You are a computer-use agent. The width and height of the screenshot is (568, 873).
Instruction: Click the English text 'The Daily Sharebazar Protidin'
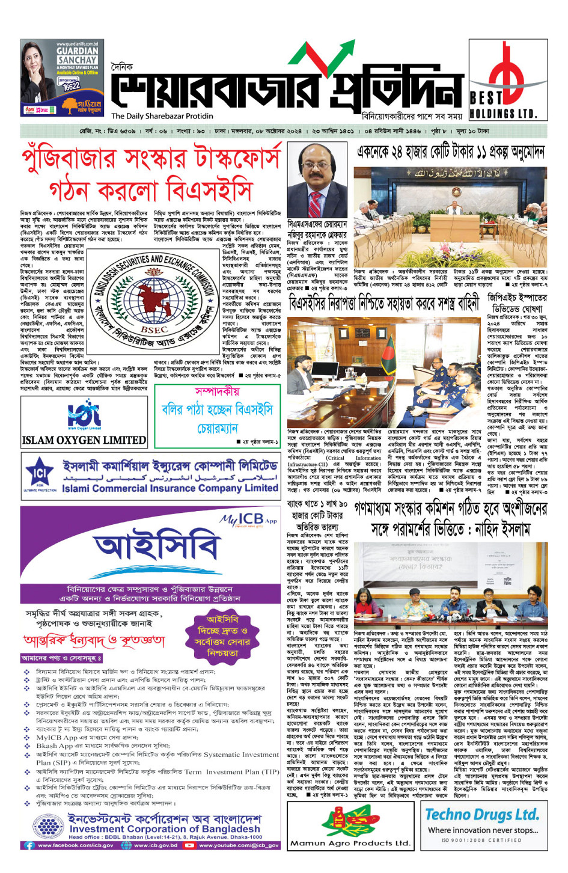(162, 116)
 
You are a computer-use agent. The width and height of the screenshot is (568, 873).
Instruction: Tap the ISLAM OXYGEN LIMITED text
(84, 440)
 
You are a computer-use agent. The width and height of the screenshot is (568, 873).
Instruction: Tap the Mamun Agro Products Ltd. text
(350, 842)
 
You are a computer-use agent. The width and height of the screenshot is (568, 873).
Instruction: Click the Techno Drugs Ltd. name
(482, 815)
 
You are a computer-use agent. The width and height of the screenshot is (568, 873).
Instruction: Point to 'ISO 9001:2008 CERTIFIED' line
(482, 841)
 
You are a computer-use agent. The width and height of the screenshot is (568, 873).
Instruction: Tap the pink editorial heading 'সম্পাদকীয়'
(217, 391)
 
